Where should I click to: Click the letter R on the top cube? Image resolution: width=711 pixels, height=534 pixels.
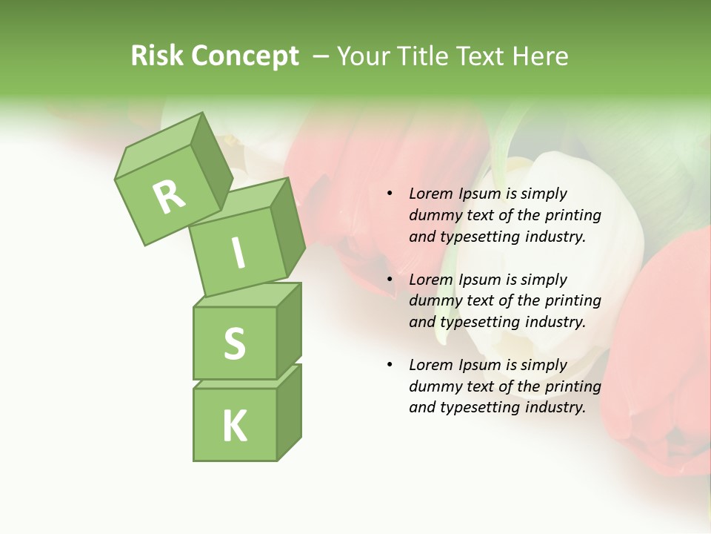click(170, 197)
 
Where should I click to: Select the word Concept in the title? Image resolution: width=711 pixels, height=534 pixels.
click(245, 56)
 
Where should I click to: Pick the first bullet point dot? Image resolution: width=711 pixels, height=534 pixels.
click(390, 194)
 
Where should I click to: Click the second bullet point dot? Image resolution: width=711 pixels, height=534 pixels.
click(390, 280)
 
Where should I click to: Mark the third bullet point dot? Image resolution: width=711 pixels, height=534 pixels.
click(390, 365)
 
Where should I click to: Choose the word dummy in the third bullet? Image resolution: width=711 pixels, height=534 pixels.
click(435, 386)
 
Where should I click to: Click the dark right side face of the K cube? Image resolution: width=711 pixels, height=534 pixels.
click(289, 412)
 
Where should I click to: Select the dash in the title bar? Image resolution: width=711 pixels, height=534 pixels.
click(321, 56)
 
